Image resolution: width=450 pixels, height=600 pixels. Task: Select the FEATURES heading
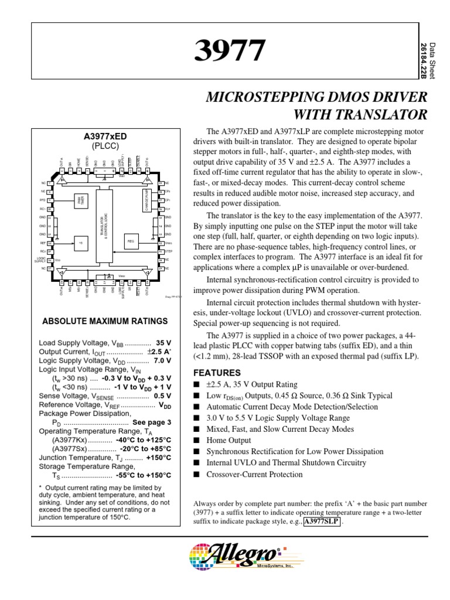point(217,373)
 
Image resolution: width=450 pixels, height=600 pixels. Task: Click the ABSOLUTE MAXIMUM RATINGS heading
point(105,321)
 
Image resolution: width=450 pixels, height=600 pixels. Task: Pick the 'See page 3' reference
point(152,422)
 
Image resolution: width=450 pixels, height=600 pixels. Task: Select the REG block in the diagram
point(131,241)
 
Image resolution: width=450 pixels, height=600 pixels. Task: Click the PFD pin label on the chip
point(42,199)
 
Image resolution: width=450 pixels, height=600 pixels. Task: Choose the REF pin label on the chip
point(42,241)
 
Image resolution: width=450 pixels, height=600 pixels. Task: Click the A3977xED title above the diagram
point(105,136)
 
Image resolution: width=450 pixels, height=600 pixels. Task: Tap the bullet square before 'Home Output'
point(196,441)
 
